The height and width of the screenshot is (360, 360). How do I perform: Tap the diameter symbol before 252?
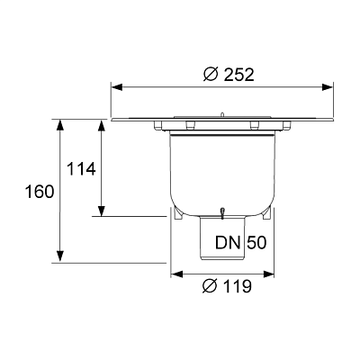(210, 75)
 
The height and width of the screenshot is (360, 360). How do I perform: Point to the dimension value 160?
(40, 192)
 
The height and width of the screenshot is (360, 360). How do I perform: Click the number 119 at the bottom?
(233, 287)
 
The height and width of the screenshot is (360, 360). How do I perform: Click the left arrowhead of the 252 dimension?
(115, 87)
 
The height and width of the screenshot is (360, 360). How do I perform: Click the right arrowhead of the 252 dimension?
(333, 87)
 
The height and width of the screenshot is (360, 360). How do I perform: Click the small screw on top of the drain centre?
(220, 112)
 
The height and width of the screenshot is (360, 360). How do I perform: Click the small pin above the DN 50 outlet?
(221, 210)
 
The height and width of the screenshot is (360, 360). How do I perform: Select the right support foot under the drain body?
(267, 216)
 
